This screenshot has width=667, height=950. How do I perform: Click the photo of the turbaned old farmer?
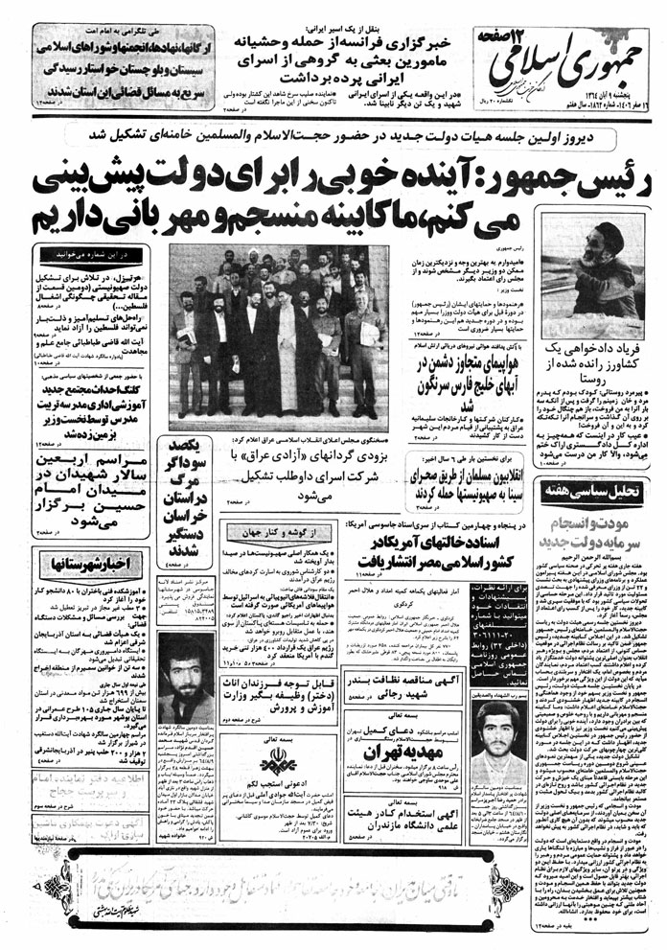click(594, 289)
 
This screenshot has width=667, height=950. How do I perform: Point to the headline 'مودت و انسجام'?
click(594, 532)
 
